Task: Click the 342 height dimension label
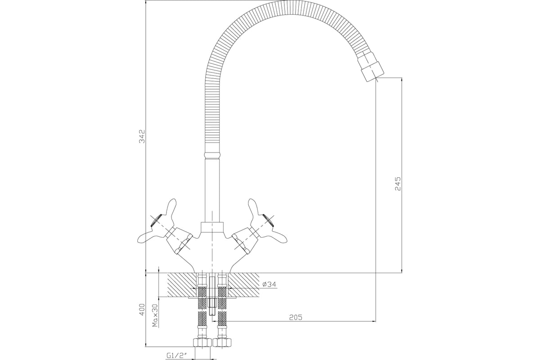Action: pyautogui.click(x=143, y=136)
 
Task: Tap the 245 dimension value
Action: pyautogui.click(x=398, y=184)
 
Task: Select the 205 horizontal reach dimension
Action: pyautogui.click(x=296, y=317)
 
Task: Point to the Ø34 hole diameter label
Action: pyautogui.click(x=269, y=284)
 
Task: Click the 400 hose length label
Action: pyautogui.click(x=143, y=309)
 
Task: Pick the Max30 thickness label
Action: pyautogui.click(x=156, y=315)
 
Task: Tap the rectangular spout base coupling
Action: pyautogui.click(x=212, y=227)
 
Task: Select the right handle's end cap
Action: pyautogui.click(x=269, y=220)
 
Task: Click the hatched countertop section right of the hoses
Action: pyautogui.click(x=243, y=285)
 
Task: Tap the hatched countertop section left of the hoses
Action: pyautogui.click(x=182, y=285)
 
